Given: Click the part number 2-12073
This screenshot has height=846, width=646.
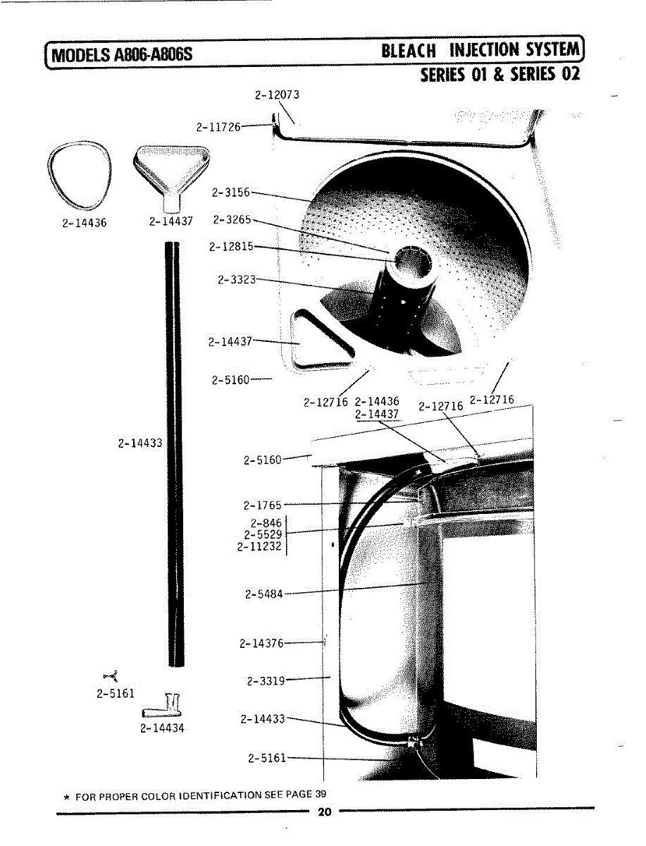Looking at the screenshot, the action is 277,94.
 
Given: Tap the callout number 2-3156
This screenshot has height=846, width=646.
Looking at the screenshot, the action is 230,192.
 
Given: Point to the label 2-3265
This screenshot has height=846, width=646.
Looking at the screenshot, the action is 232,220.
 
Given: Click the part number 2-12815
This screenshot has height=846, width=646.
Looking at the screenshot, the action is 230,247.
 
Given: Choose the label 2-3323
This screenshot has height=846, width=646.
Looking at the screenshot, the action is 236,280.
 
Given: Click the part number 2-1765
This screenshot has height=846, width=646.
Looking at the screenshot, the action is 262,505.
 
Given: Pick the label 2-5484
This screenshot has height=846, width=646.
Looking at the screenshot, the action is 263,594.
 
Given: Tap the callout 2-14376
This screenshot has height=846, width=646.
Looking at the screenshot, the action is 261,643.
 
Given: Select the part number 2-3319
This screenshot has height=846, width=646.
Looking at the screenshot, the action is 266,681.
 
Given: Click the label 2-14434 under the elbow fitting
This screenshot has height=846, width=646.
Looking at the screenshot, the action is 162,728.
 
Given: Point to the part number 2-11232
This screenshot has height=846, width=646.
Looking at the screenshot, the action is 259,546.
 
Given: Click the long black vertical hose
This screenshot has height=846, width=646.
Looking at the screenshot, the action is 173,451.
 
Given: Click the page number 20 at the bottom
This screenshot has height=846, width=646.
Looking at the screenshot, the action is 324,812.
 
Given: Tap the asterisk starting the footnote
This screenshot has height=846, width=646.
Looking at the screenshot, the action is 66,797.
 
